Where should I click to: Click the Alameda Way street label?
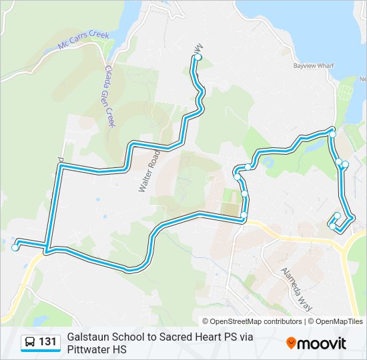pos(294,283)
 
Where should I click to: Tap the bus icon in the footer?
pos(30,343)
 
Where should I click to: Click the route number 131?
pos(48,343)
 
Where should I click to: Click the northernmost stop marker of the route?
pos(198,58)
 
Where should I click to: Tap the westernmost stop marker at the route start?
pos(15,248)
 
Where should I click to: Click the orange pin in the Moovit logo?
pos(292,343)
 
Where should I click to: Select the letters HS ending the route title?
pos(119,349)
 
